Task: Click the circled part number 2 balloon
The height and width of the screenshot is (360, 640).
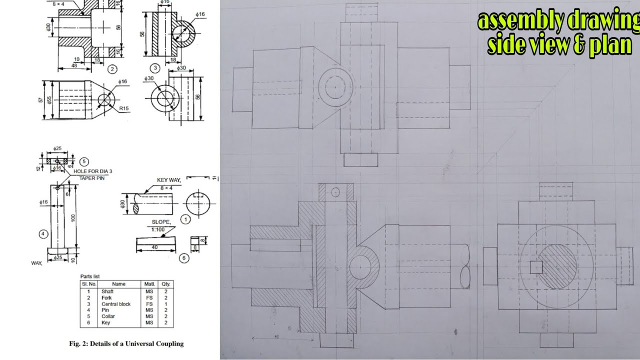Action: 112,69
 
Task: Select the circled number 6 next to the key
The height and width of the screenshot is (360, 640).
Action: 184,258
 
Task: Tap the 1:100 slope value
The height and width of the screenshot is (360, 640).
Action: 159,229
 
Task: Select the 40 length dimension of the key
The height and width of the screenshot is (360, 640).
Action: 155,246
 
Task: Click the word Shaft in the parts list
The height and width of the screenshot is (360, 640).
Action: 107,291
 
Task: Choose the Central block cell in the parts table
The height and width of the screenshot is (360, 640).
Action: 116,304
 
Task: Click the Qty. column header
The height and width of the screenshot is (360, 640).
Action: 166,283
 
